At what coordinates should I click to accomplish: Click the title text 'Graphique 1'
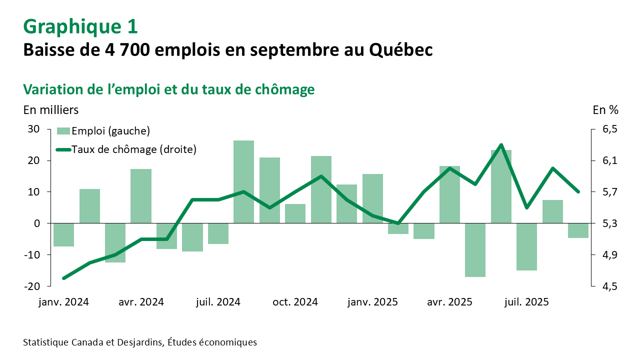[x=80, y=26]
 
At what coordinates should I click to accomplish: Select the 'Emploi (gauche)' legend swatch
[x=63, y=131]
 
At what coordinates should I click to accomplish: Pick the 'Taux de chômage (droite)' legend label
[x=134, y=149]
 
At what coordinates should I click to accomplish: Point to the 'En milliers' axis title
[x=50, y=109]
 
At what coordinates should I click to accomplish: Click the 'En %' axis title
[x=605, y=109]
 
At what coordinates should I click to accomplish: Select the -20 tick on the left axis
[x=32, y=286]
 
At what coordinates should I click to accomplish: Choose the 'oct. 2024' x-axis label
[x=295, y=302]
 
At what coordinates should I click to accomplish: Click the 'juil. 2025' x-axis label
[x=526, y=302]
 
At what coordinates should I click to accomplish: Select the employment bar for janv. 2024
[x=64, y=234]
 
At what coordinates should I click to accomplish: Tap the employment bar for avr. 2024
[x=141, y=196]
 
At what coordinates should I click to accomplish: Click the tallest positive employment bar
[x=244, y=181]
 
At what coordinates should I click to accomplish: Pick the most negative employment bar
[x=475, y=249]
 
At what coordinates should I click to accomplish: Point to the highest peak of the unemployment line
[x=501, y=145]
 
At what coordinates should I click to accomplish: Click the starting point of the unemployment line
[x=64, y=278]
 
